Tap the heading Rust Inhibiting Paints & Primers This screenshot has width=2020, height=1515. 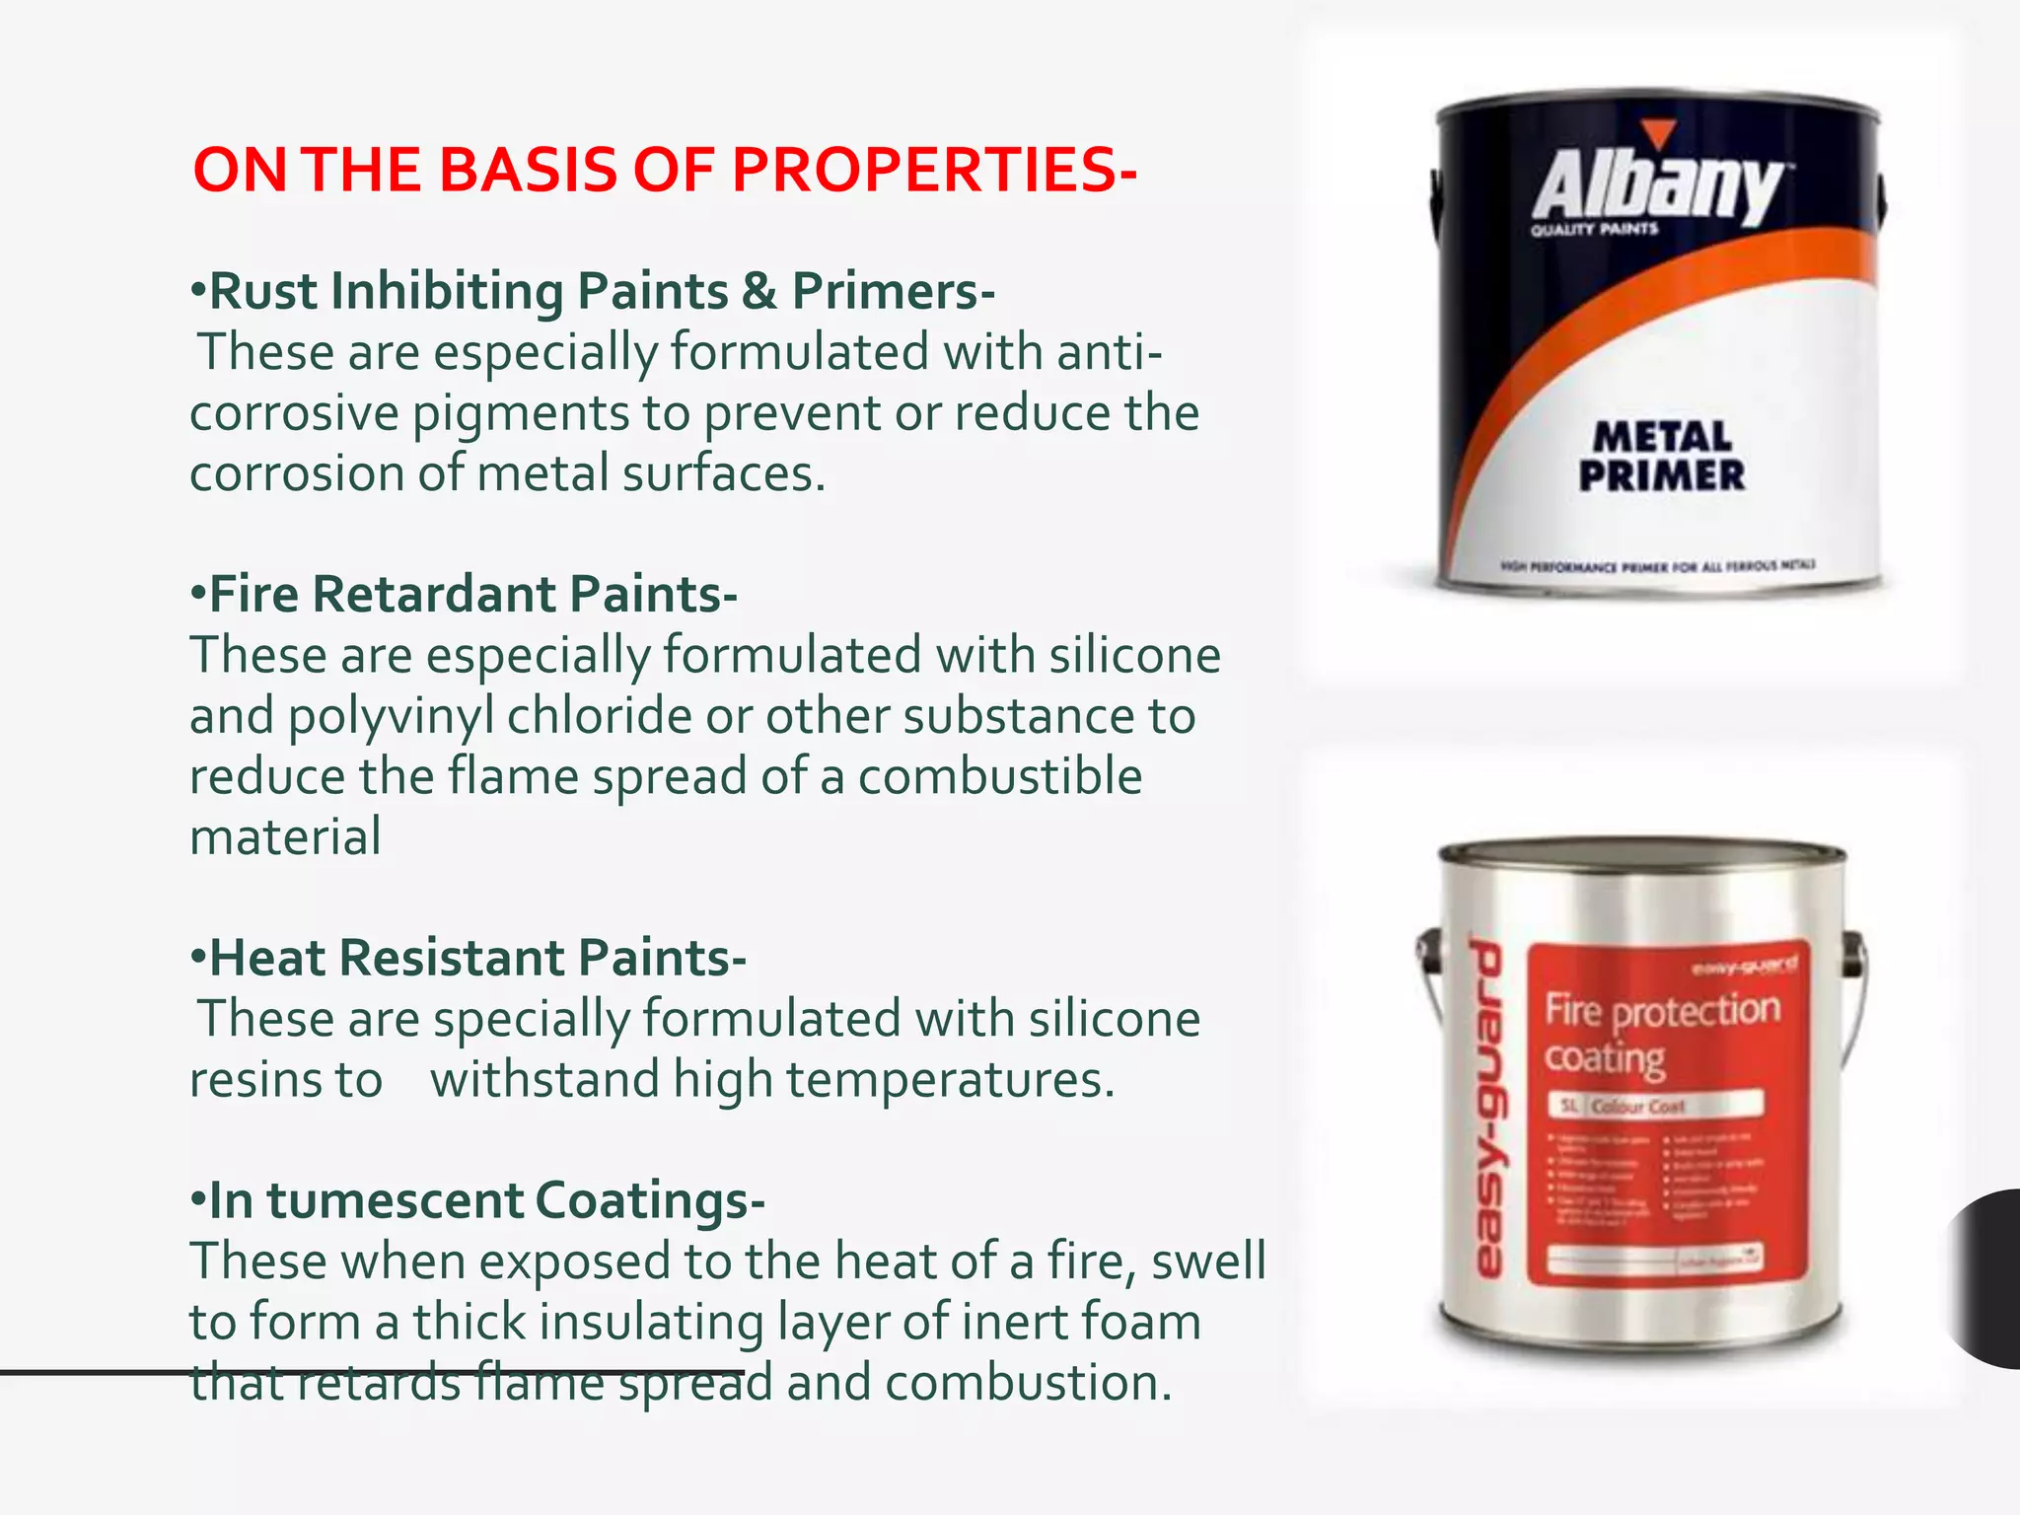592,291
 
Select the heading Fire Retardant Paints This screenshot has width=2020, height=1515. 464,594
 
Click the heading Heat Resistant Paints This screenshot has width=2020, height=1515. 469,958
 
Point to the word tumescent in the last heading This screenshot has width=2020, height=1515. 395,1200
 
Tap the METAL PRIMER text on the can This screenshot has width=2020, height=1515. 1662,456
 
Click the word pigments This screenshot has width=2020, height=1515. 520,413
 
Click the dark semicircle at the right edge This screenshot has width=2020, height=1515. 1988,1278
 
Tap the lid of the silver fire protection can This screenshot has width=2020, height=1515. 1642,854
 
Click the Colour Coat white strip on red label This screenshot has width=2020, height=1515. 1656,1106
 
